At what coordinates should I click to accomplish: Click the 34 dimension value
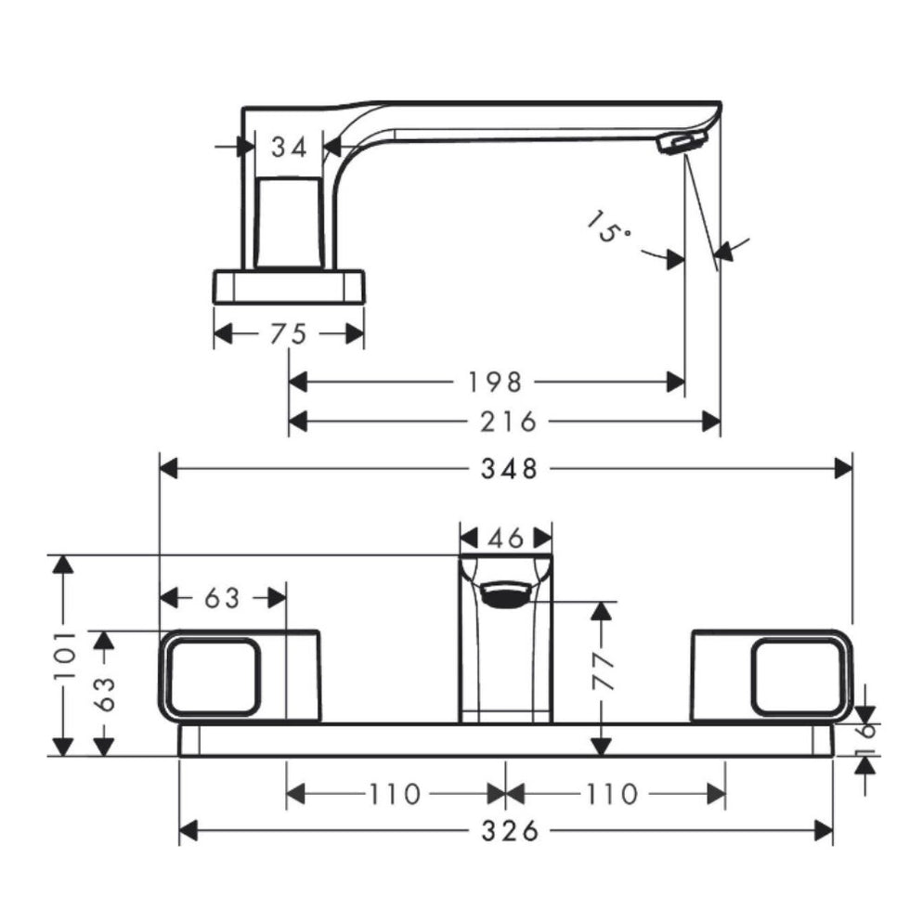pos(288,147)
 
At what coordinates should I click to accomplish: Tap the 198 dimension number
pos(496,382)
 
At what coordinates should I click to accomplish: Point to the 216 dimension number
pos(510,422)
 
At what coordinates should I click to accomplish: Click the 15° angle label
pos(609,226)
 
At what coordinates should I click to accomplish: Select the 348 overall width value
pos(510,468)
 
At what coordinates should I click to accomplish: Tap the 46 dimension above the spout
pos(507,538)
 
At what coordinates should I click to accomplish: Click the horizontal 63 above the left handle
pos(222,599)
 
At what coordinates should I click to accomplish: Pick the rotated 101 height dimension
pos(63,656)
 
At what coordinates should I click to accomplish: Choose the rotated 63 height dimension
pos(104,693)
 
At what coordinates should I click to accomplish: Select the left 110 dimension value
pos(394,795)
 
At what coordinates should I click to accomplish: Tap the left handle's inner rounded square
pos(212,677)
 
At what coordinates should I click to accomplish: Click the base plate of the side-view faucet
pos(289,286)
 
